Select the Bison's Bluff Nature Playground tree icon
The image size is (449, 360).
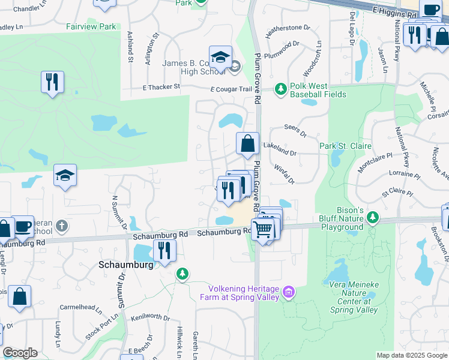373,216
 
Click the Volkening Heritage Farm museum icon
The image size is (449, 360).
289,292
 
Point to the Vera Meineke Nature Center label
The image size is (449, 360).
354,301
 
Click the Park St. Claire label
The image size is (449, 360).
345,146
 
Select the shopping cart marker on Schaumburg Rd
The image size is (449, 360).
262,229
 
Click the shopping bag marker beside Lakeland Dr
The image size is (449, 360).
247,144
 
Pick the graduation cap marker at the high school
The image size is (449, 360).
220,58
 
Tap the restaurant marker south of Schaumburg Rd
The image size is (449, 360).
164,251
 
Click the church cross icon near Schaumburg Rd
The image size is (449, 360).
61,226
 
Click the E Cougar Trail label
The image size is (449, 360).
231,89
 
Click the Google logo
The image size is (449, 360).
20,353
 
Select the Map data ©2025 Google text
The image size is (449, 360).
411,355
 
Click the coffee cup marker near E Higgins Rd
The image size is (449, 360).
430,10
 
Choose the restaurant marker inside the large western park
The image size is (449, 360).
52,81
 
